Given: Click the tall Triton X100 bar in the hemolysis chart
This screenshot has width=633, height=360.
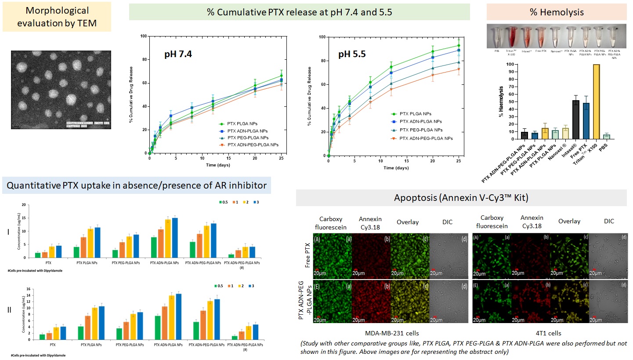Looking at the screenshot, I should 596,102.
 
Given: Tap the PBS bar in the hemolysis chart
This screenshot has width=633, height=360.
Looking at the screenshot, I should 607,137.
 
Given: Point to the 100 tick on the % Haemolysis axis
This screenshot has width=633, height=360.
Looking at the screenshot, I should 510,64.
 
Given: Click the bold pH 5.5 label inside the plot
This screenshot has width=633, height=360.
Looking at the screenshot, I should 351,55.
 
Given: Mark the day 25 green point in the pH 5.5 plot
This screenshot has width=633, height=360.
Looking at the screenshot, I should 459,46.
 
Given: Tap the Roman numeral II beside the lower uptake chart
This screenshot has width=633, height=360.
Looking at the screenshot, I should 10,310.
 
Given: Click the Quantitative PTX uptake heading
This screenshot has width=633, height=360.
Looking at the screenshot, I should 136,185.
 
